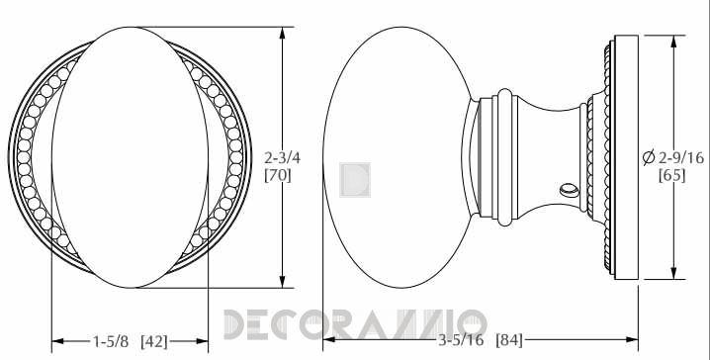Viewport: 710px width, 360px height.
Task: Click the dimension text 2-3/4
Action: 282,158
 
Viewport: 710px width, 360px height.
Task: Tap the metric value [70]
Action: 278,175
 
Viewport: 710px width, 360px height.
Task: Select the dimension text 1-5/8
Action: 111,341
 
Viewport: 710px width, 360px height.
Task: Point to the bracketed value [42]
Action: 154,341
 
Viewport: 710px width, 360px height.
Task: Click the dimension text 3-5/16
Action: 461,339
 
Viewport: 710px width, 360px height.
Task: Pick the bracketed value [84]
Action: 509,339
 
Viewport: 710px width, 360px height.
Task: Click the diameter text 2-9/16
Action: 681,157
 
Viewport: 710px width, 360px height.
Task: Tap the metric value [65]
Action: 672,175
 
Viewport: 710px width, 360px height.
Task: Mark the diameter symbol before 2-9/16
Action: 649,157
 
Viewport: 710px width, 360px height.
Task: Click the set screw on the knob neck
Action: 570,190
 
